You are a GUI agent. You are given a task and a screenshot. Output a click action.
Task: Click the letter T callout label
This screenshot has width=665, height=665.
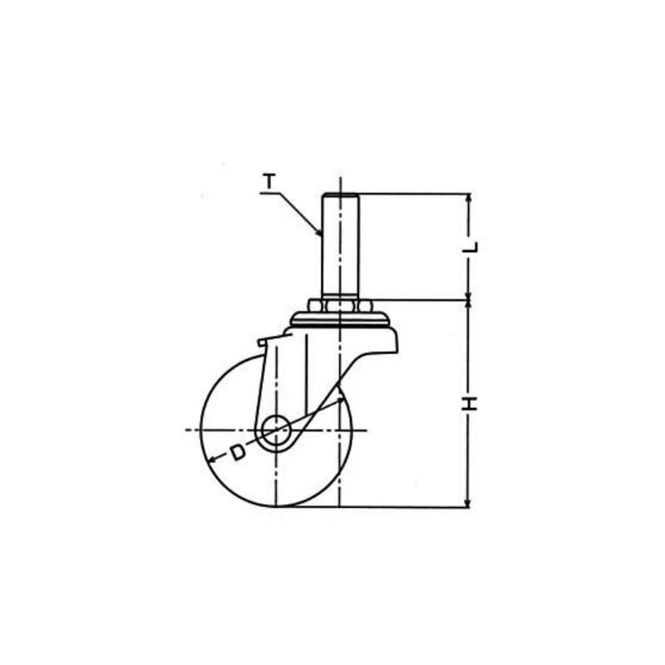point(269,181)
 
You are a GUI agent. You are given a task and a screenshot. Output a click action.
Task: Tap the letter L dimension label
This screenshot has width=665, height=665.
point(470,247)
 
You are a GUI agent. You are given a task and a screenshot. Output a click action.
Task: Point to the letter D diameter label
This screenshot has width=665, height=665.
point(239,452)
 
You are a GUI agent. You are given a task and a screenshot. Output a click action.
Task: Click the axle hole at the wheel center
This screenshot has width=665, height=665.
point(276,430)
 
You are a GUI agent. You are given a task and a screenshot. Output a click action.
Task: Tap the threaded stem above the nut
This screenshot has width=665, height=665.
point(340,246)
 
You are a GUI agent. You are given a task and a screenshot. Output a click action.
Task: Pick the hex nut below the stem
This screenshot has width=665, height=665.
point(340,306)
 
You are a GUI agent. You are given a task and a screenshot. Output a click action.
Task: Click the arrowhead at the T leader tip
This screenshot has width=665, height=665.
point(319,232)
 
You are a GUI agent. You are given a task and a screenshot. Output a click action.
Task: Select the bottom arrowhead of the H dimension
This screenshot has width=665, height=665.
point(468,502)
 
